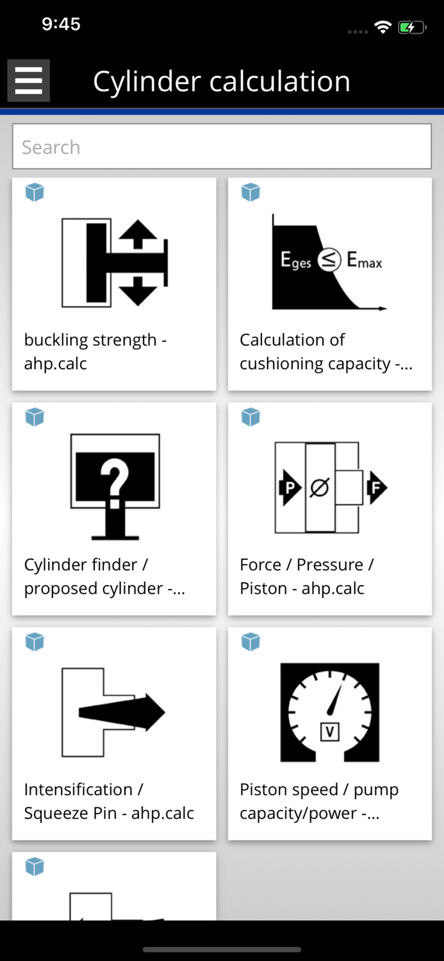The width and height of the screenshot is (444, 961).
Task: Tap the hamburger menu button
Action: [28, 81]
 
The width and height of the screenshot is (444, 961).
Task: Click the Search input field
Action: [222, 147]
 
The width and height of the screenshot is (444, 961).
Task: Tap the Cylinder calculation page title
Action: [222, 81]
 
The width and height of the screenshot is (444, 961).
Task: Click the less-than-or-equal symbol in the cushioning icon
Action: [329, 259]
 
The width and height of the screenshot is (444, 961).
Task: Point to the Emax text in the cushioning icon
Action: [364, 260]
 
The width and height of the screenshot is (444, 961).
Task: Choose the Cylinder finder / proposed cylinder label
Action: [104, 576]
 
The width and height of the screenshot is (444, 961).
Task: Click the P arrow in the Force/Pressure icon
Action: [290, 488]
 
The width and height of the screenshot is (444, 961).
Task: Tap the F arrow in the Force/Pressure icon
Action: [377, 488]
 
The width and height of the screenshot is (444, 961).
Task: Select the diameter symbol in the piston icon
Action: [319, 488]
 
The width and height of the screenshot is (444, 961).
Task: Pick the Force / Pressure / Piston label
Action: [306, 576]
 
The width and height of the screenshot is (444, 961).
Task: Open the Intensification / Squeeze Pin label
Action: [108, 801]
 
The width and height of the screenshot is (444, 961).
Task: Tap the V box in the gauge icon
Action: [329, 732]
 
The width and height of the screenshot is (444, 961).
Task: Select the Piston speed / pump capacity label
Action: [319, 801]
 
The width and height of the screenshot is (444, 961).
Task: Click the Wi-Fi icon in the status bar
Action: [383, 28]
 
